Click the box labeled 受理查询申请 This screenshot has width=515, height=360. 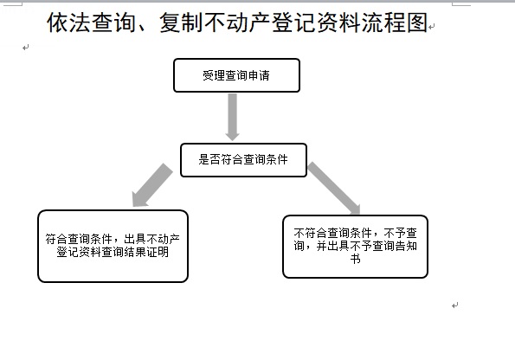[x=236, y=75]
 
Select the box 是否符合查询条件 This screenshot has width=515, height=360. [x=243, y=160]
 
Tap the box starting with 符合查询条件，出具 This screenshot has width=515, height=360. [x=113, y=246]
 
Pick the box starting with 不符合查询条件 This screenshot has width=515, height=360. [x=355, y=247]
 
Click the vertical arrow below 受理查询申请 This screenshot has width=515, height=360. [x=233, y=117]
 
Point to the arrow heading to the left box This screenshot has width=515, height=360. [x=151, y=185]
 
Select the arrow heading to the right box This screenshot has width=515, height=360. [x=334, y=188]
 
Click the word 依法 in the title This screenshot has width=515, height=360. [x=69, y=22]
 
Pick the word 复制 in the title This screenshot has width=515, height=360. [x=182, y=22]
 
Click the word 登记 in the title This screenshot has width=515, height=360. [x=294, y=22]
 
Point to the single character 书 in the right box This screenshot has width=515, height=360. [x=356, y=259]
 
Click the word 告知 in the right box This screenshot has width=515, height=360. [x=406, y=246]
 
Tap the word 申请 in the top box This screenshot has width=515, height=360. [x=259, y=75]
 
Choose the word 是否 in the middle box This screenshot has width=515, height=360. [x=209, y=159]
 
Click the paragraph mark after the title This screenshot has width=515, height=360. [x=432, y=26]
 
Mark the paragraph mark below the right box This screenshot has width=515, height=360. [x=455, y=305]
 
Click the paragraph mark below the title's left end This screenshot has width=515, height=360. [x=26, y=48]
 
